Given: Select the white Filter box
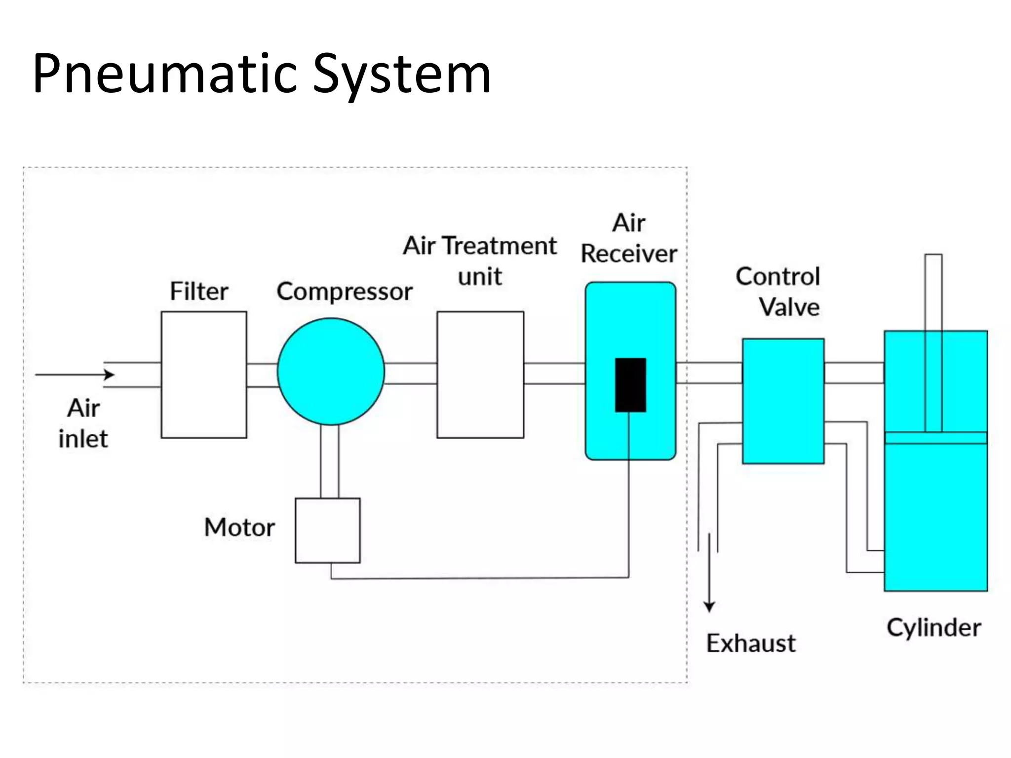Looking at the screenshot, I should pos(203,375).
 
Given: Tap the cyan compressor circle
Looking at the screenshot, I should pos(330,371).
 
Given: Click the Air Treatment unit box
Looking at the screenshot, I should pos(480,375).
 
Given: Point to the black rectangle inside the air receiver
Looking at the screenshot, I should pos(630,385).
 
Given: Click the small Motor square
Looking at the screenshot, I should pos(327,530).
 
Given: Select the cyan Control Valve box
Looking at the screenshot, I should pos(783,401).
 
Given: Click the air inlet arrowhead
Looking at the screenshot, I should pos(110,375).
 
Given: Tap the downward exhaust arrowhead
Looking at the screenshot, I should pos(709,606).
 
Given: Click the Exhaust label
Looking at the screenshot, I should pos(750,644).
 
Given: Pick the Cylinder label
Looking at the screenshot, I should pos(933,628).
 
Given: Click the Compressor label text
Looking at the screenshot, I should pos(344,291).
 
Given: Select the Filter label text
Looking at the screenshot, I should pos(199,291).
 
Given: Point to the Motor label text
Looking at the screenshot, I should pos(239,527).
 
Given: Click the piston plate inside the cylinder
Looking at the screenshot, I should pos(935,438).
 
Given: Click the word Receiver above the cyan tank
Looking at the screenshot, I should pos(628,254).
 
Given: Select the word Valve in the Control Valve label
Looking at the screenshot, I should pos(789,307).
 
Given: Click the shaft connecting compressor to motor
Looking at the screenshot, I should pos(329,461).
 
